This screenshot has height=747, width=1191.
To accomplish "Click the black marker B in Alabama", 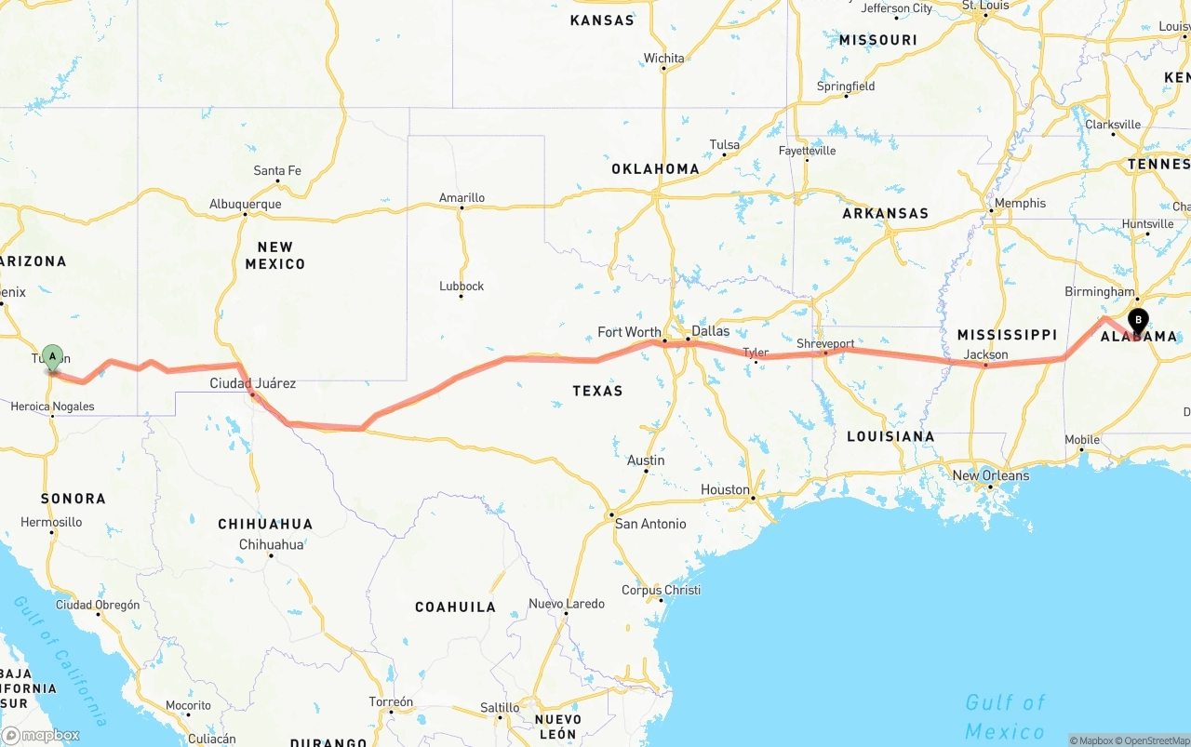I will (x=1138, y=321).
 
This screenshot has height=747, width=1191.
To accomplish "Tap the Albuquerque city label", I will (x=245, y=205).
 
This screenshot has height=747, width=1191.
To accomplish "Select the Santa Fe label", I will (x=277, y=171).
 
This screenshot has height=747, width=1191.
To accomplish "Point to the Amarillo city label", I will (x=462, y=198).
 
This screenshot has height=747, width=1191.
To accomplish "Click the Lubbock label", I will (x=462, y=287).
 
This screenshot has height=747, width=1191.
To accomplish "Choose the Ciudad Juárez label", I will (x=252, y=383).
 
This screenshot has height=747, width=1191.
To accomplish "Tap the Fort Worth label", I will (x=629, y=332).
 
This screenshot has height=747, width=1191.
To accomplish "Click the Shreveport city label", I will (x=825, y=343).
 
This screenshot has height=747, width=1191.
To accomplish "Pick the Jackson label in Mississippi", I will (x=985, y=354).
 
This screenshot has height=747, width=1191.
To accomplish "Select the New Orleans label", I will (x=991, y=475).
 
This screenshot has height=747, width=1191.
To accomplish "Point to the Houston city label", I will (x=725, y=490).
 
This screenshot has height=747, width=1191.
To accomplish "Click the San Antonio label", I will (x=650, y=524).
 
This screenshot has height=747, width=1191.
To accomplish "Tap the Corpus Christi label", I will (x=661, y=590).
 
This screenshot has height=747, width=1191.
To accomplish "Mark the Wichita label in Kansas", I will (x=663, y=59).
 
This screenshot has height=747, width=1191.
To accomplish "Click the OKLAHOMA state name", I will (x=655, y=169).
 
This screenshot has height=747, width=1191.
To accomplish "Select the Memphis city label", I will (x=1020, y=204).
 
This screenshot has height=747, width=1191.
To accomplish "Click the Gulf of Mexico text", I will (x=1006, y=715).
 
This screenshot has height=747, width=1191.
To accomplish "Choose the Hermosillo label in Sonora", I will (x=51, y=522).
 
